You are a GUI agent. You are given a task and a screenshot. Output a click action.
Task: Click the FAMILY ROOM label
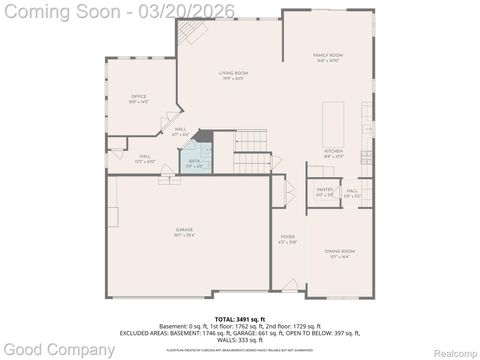[327, 58]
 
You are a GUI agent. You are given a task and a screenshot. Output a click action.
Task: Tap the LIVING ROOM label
[233, 75]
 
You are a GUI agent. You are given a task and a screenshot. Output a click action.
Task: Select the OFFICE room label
[138, 98]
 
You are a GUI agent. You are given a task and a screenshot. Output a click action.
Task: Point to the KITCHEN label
[333, 153]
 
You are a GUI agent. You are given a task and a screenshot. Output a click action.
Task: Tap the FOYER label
[287, 238]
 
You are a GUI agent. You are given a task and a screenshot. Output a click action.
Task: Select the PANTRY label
[325, 191]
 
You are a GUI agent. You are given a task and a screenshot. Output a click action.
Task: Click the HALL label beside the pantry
[352, 192]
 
